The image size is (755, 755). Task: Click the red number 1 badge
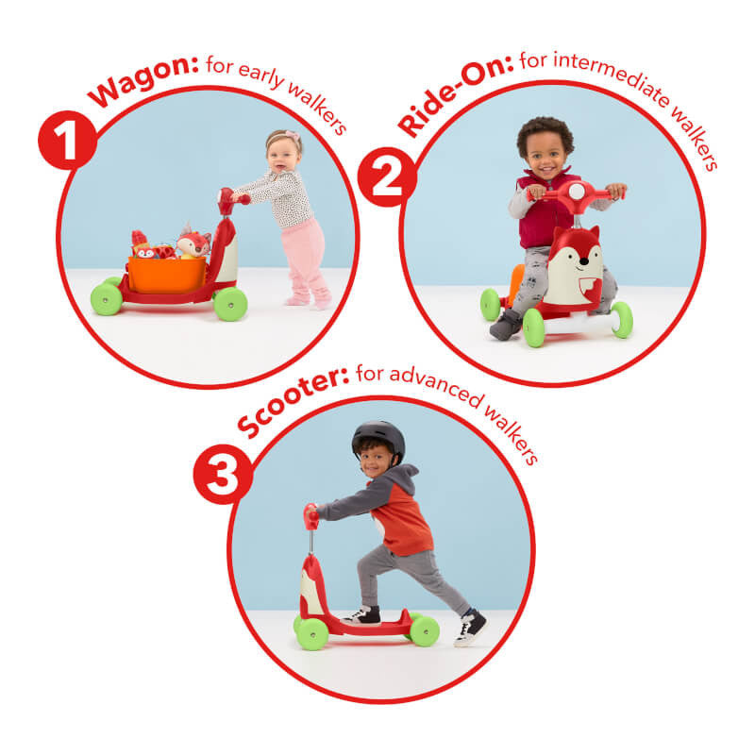point(67,140)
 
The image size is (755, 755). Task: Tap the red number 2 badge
point(387,176)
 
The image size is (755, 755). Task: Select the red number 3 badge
point(223,475)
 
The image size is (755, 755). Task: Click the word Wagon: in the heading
point(143,80)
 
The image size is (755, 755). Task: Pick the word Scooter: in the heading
point(293,405)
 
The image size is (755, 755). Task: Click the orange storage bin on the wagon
point(167,274)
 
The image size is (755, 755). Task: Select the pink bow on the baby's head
point(293,135)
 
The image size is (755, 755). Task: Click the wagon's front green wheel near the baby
point(230,304)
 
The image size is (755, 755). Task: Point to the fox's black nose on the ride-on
point(583,261)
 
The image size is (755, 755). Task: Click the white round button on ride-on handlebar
point(577,192)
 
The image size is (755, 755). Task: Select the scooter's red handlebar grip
point(311,517)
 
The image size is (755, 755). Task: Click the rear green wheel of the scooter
point(424,630)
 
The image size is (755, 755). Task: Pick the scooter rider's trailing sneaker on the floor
point(470,628)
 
